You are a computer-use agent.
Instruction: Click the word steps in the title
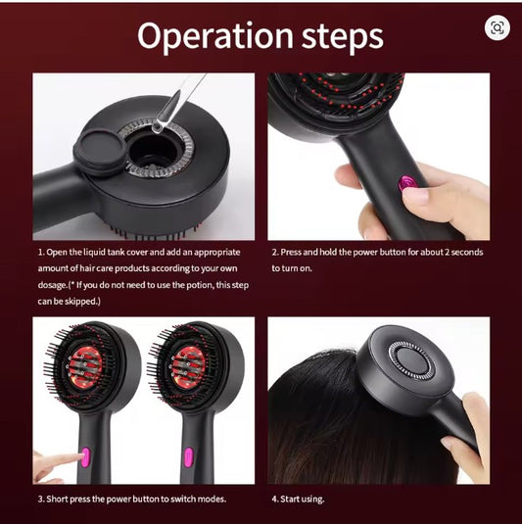[x=338, y=36]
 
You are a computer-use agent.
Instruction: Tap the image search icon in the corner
[x=497, y=27]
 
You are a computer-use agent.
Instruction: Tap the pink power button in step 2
[x=405, y=183]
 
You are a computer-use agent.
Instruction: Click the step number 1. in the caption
[x=41, y=253]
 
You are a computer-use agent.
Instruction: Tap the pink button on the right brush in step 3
[x=187, y=456]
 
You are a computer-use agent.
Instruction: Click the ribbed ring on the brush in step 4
[x=410, y=361]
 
